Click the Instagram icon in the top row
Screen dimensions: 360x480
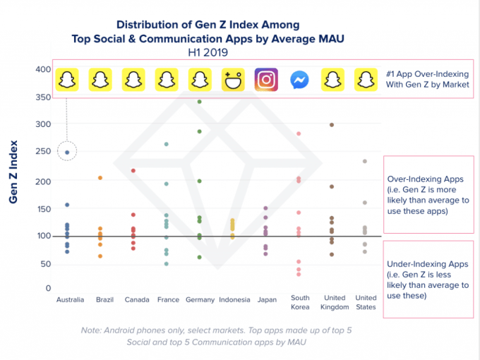tap(266, 80)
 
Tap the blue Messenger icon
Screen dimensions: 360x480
tap(299, 80)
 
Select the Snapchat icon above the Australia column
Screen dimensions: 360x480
tap(66, 80)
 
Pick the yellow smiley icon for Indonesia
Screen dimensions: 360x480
tap(233, 80)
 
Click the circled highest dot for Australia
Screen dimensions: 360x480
tap(67, 152)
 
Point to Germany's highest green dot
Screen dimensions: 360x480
tap(200, 102)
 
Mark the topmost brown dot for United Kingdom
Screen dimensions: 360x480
tap(332, 125)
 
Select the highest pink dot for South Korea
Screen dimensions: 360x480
tap(299, 133)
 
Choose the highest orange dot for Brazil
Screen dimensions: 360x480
tap(100, 178)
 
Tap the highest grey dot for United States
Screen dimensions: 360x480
tap(365, 161)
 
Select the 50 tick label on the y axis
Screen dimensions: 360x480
tap(44, 264)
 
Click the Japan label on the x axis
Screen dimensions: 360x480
tap(266, 299)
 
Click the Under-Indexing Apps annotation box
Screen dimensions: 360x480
tap(428, 280)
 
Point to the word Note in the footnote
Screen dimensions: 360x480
tap(93, 330)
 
